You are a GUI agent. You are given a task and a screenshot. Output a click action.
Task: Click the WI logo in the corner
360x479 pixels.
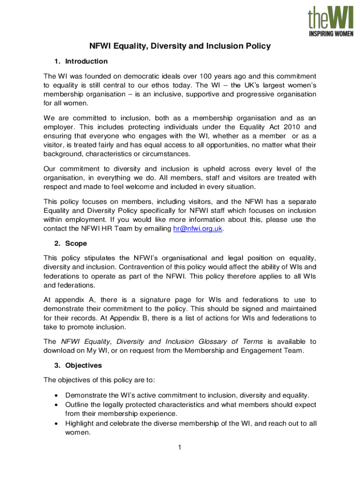tap(330, 21)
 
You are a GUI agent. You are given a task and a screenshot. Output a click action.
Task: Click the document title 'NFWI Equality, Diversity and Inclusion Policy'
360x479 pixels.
tap(180, 46)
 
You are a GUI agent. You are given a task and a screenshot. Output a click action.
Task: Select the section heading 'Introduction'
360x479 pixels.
tap(86, 61)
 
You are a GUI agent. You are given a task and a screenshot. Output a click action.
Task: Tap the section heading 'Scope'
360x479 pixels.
tap(76, 244)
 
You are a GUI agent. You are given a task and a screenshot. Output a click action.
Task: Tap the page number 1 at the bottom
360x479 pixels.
tap(179, 448)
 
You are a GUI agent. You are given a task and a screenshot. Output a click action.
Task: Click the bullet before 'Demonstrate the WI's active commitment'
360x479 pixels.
tap(57, 396)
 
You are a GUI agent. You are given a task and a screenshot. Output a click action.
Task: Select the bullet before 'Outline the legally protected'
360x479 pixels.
tap(57, 405)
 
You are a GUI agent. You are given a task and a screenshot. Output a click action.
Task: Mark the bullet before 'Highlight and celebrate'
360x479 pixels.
tap(57, 423)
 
